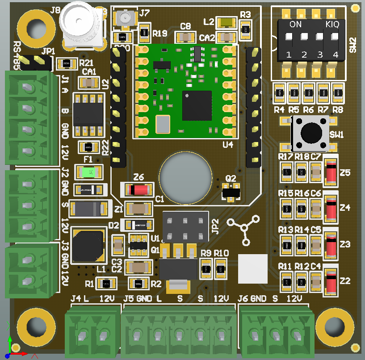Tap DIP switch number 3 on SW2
(320, 39)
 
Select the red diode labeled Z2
(331, 280)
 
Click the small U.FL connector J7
(125, 19)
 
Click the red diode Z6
(138, 190)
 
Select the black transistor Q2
(231, 192)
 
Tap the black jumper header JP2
(186, 227)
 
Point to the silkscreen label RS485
(17, 55)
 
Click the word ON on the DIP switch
(296, 25)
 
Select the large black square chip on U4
(197, 105)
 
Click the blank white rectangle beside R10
(253, 269)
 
